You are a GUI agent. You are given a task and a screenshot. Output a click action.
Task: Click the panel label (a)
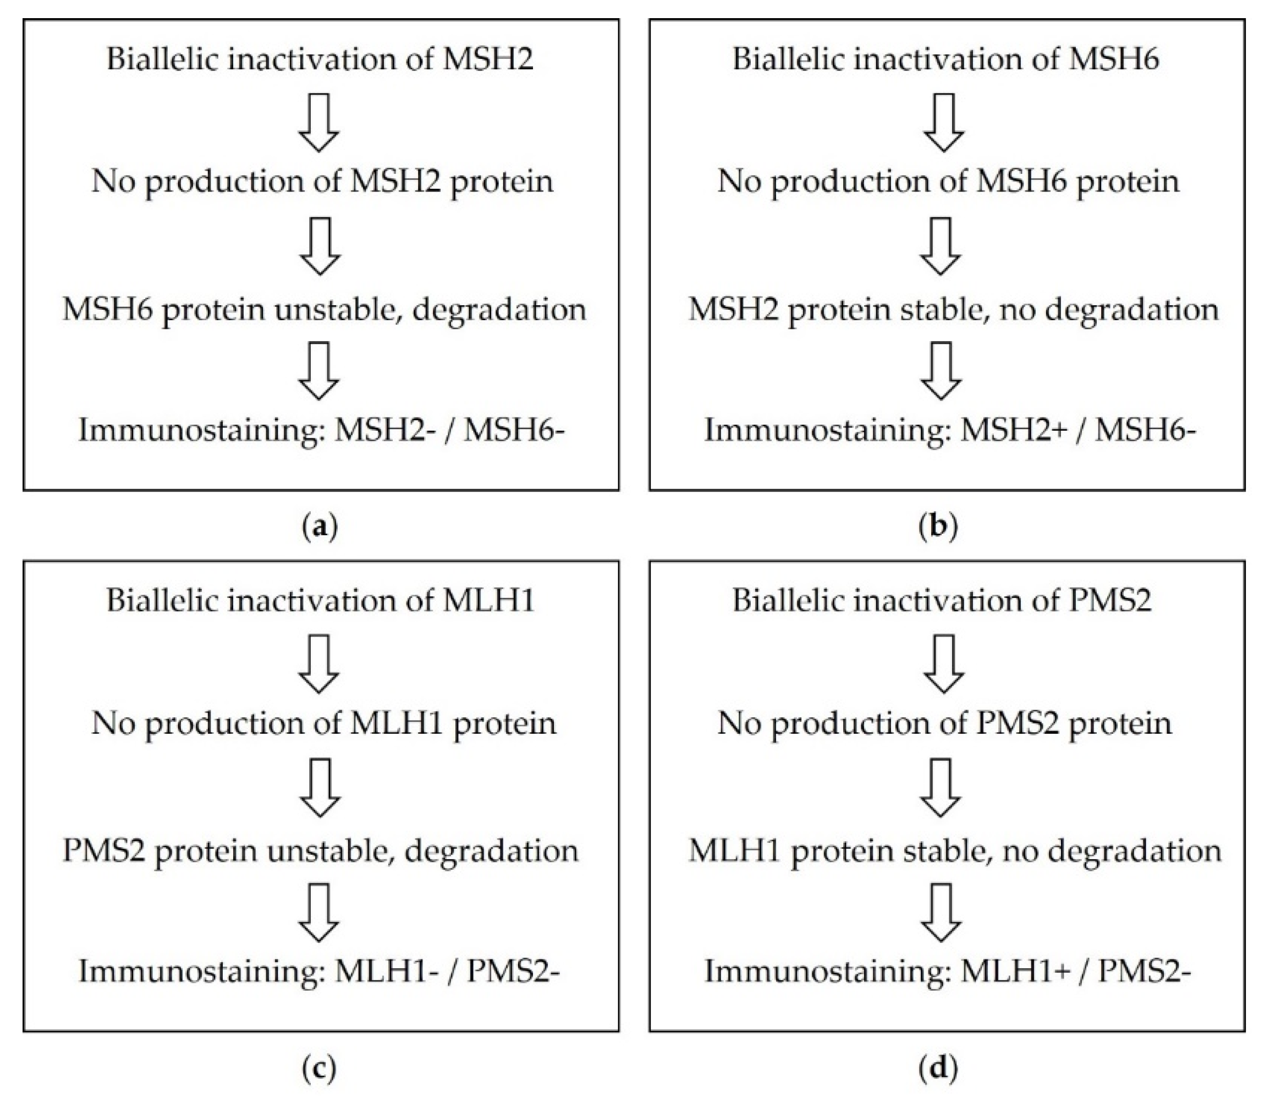pos(321,528)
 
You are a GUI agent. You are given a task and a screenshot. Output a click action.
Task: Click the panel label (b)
pos(938,528)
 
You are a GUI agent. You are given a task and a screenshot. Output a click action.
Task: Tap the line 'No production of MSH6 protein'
pos(948,182)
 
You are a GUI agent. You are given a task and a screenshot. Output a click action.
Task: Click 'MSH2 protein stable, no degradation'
pos(953,309)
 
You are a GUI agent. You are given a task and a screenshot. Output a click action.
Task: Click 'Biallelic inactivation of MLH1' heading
pos(320,600)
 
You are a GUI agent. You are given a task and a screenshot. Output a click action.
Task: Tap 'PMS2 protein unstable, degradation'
pos(320,850)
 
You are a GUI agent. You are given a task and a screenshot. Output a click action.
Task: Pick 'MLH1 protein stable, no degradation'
pos(954,850)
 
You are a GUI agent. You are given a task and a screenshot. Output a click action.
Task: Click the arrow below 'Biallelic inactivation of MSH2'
pos(318,122)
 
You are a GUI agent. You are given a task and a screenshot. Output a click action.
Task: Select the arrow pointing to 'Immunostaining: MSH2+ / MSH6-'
pos(941,371)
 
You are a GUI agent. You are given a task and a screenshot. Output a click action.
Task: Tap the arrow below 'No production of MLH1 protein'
pos(320,787)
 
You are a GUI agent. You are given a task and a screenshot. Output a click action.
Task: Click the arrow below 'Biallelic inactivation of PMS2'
pos(944,663)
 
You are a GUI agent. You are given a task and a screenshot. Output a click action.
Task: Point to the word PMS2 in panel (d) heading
pos(1109,600)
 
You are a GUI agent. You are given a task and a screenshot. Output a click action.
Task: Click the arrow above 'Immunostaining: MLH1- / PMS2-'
pos(318,912)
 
